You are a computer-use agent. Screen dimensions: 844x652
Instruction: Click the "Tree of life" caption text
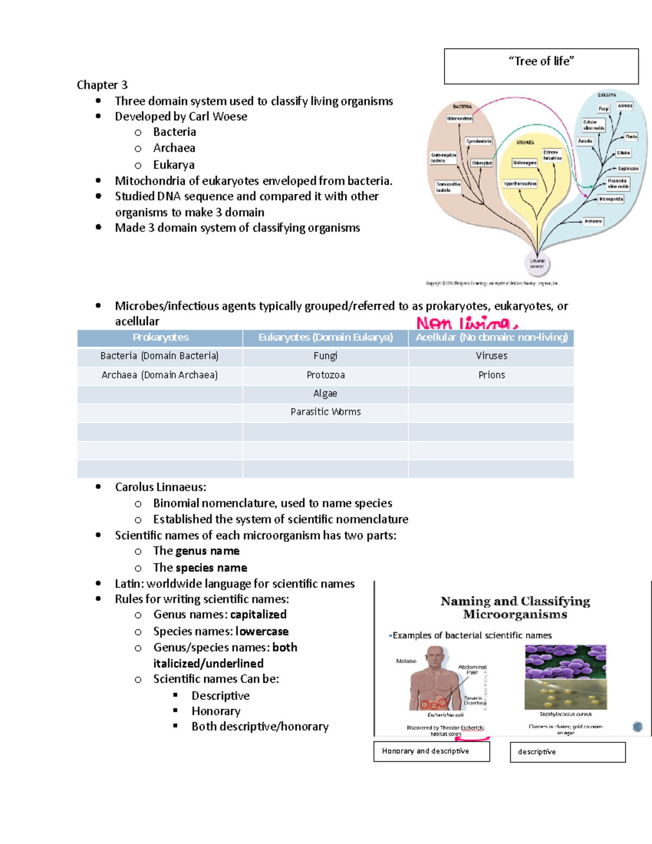pyautogui.click(x=541, y=61)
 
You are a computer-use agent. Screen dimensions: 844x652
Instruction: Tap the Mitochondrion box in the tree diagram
pyautogui.click(x=460, y=118)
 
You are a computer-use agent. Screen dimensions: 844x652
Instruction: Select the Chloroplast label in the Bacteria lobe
pyautogui.click(x=482, y=163)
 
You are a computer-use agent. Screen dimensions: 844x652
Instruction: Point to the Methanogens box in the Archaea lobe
pyautogui.click(x=524, y=162)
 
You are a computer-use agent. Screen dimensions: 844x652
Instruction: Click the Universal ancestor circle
pyautogui.click(x=537, y=264)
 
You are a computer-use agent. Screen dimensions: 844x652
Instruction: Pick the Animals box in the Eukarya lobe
pyautogui.click(x=625, y=105)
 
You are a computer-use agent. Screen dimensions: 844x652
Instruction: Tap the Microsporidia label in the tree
pyautogui.click(x=611, y=199)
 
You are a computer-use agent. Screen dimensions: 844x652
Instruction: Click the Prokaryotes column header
pyautogui.click(x=160, y=337)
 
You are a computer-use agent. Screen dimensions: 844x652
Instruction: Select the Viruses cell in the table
pyautogui.click(x=491, y=356)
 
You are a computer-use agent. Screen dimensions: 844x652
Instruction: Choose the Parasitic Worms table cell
pyautogui.click(x=325, y=412)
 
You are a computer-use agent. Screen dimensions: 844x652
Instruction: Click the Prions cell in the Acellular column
pyautogui.click(x=491, y=375)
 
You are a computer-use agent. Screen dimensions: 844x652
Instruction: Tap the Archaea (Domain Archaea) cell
pyautogui.click(x=160, y=375)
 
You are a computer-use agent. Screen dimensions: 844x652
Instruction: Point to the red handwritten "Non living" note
pyautogui.click(x=466, y=323)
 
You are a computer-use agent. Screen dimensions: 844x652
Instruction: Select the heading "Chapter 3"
pyautogui.click(x=102, y=85)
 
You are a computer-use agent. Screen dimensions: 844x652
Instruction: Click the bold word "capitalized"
pyautogui.click(x=258, y=615)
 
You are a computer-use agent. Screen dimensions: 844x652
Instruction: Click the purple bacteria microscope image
pyautogui.click(x=565, y=661)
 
